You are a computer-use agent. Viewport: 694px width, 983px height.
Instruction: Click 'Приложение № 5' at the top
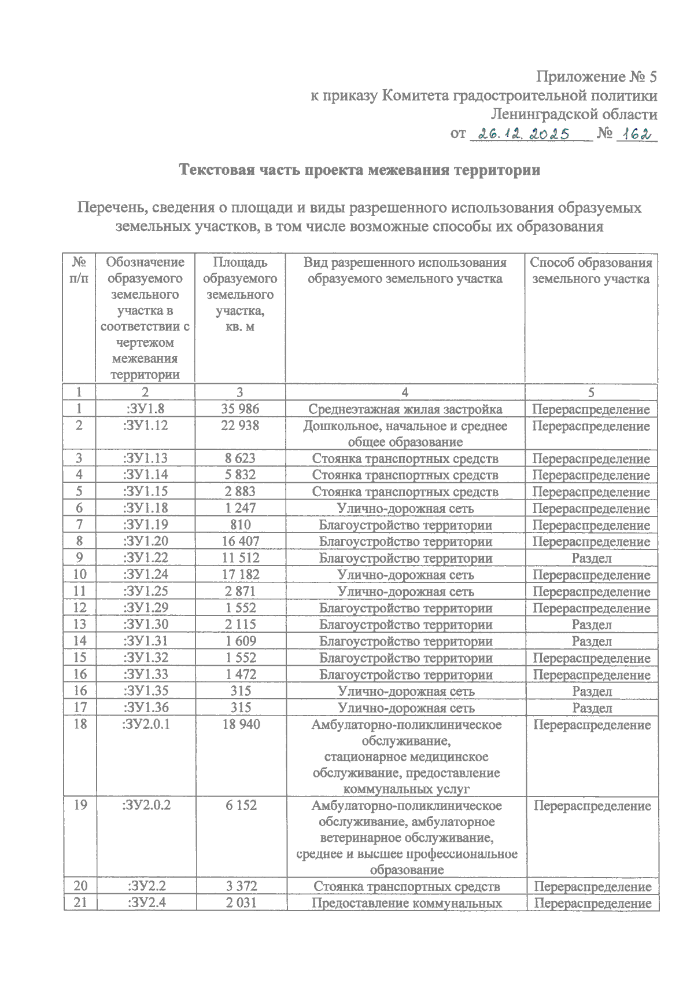597,77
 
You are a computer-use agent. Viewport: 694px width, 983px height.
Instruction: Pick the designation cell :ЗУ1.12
146,426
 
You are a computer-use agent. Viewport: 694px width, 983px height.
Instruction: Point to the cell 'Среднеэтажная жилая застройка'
405,409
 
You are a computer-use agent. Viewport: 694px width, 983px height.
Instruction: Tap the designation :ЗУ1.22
146,558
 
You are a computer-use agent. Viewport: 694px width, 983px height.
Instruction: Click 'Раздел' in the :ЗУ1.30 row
591,625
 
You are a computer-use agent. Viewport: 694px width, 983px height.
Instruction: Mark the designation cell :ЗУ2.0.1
146,724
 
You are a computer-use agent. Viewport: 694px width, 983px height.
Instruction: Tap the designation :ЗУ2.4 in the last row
146,903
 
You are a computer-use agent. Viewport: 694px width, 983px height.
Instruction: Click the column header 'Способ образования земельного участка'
591,271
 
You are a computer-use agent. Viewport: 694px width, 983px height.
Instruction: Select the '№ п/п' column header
80,271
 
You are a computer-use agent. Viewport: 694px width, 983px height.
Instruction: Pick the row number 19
80,805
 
